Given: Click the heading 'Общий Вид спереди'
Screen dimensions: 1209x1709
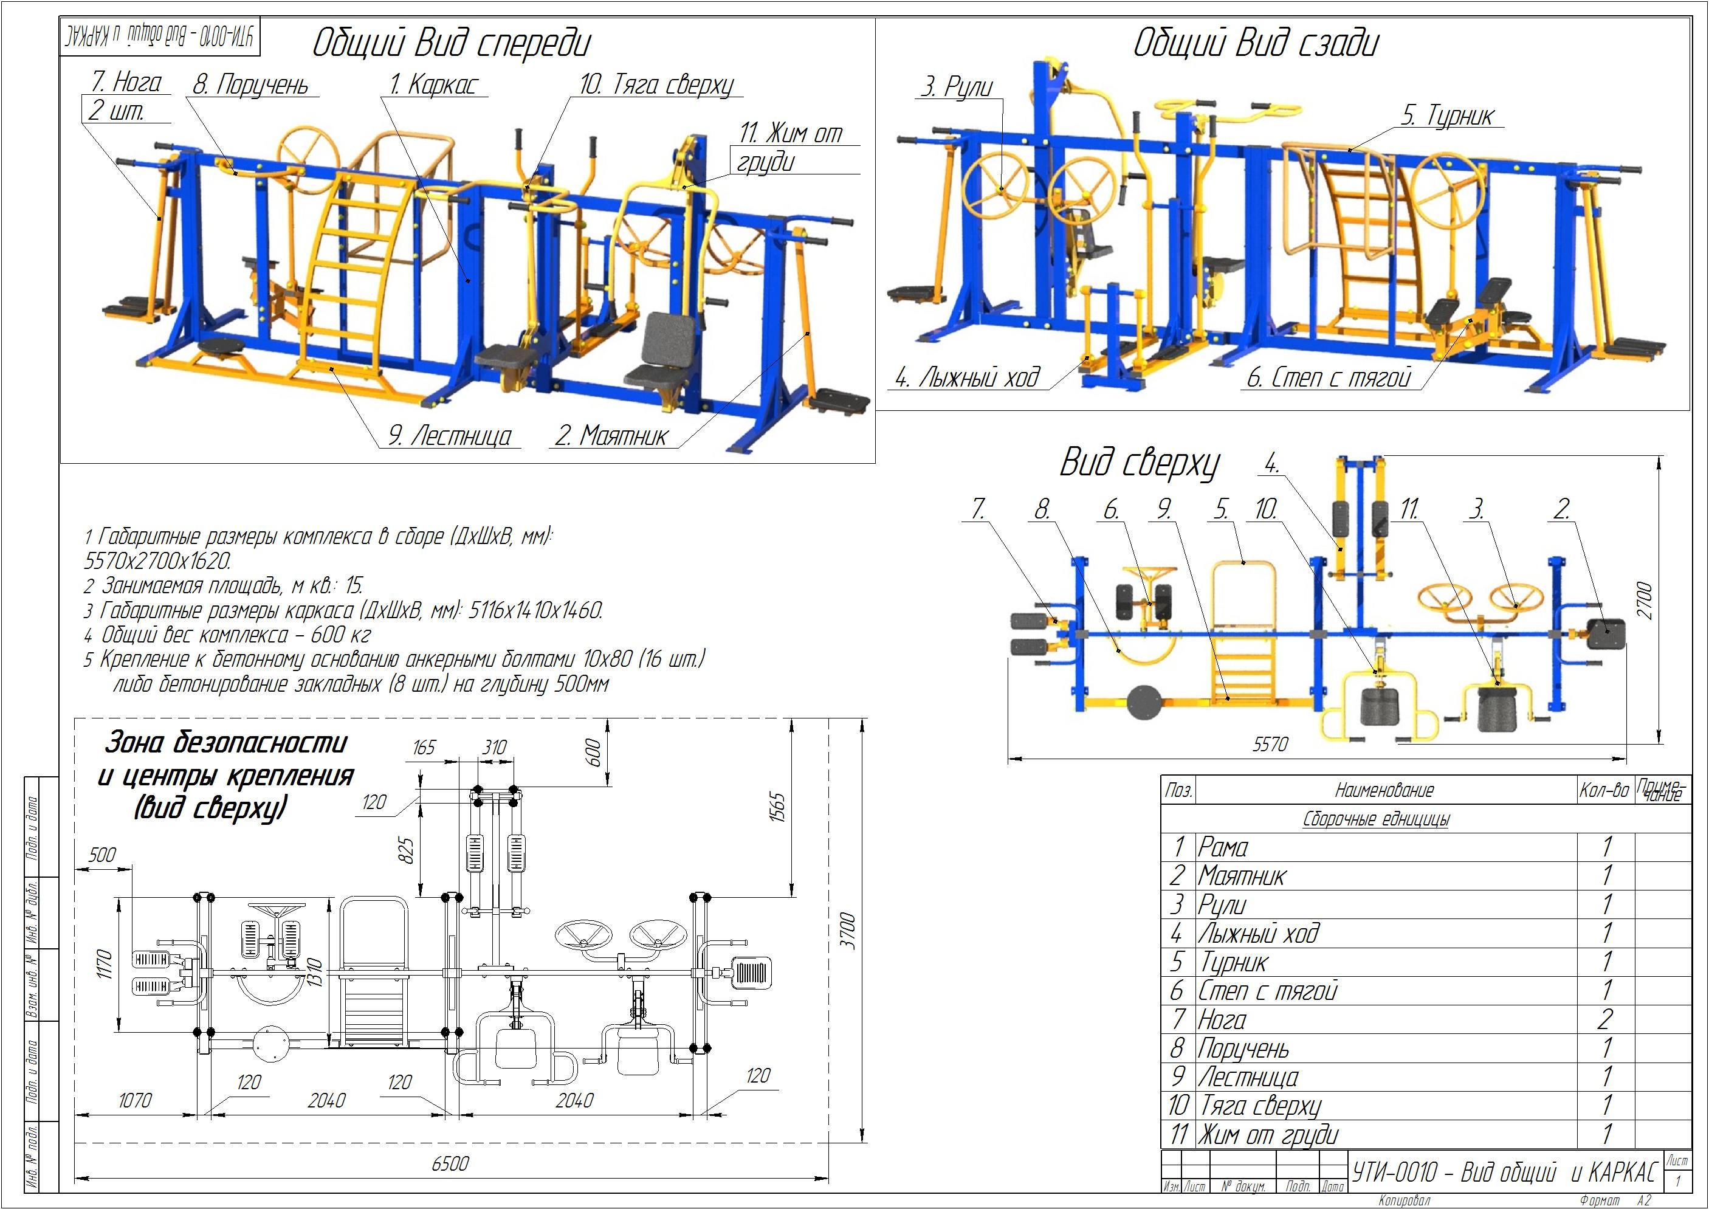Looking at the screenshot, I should (x=451, y=43).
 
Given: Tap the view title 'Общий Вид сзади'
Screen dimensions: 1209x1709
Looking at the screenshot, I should (x=1255, y=43).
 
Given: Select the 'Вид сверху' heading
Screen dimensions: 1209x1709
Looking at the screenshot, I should (x=1140, y=463).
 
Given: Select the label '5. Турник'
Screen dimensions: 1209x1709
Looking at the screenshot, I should (x=1448, y=115).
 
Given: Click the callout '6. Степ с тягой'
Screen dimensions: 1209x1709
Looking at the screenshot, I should (x=1329, y=377).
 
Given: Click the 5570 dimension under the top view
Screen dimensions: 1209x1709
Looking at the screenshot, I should (x=1270, y=744).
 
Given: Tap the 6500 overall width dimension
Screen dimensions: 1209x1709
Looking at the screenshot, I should (x=450, y=1163).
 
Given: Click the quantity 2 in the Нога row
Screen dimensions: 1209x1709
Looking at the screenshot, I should (x=1606, y=1018).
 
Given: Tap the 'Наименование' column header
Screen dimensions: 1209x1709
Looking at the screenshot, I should (x=1384, y=790).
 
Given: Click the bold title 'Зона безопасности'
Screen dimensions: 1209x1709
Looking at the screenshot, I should (x=225, y=742).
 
